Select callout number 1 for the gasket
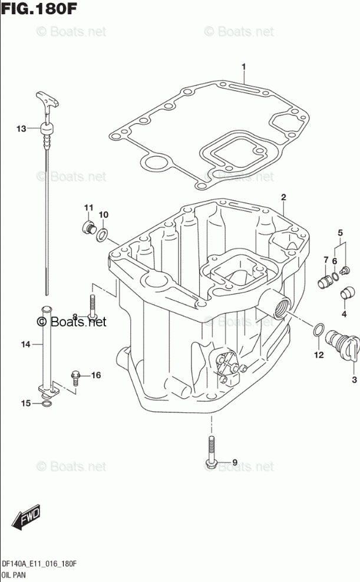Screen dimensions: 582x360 pos(243,67)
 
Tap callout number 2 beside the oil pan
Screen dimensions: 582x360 pos(283,197)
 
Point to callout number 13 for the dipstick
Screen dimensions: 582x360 pos(21,128)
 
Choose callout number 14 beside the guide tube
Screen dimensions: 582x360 pos(25,345)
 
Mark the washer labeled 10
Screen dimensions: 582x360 pos(101,236)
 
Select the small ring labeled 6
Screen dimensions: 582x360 pos(336,272)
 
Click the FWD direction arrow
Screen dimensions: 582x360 pos(28,518)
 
